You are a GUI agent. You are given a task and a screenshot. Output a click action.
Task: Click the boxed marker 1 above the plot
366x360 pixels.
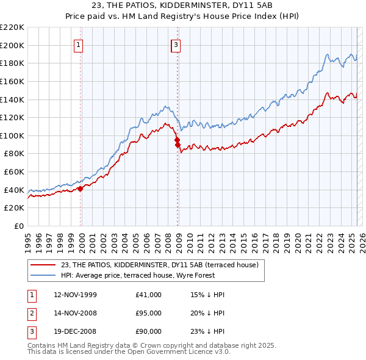(80, 44)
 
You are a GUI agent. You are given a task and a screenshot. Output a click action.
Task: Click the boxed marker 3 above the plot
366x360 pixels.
(176, 44)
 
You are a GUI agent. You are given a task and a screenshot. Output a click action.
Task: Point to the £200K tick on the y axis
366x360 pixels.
(12, 45)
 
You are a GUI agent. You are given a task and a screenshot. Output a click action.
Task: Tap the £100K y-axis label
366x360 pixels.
(12, 135)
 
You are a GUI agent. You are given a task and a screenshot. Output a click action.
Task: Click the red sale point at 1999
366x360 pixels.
(80, 189)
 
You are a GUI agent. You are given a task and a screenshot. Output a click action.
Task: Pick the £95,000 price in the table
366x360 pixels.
(149, 313)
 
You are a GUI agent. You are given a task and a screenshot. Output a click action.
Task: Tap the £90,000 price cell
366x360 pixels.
(149, 331)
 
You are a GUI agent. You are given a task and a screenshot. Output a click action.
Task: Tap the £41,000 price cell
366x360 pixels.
(149, 295)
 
